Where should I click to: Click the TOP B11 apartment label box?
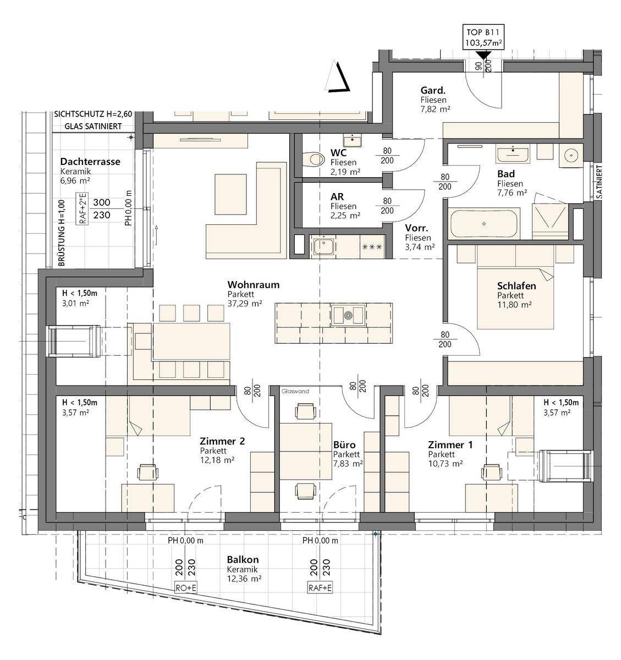coord(483,37)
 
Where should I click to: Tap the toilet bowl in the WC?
coord(314,159)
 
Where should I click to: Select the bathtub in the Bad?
coord(483,224)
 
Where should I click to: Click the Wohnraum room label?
coord(254,285)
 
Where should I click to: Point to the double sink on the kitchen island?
coord(348,314)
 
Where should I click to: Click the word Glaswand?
coord(295,392)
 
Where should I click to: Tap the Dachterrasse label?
coord(90,162)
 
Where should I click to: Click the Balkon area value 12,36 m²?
coord(244,578)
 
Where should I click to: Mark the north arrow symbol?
coord(337,76)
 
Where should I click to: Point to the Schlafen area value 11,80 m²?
coord(514,304)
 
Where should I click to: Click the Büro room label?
coord(344,445)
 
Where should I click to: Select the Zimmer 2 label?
coord(222,441)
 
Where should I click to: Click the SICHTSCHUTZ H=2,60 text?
coord(93,114)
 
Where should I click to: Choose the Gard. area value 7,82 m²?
coord(436,109)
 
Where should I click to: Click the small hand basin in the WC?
coord(352,141)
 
